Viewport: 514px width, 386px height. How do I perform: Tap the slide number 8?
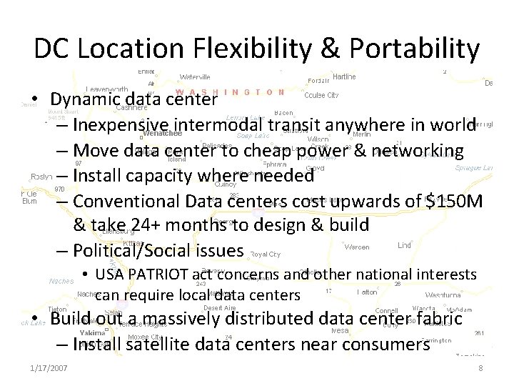(x=481, y=367)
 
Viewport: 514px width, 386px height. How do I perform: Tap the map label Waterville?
(x=195, y=76)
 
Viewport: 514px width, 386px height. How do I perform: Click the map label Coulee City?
(x=321, y=94)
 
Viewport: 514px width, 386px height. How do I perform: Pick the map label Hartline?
(x=345, y=76)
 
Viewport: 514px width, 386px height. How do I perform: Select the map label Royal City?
(x=265, y=254)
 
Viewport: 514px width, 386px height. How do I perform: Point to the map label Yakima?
(x=92, y=333)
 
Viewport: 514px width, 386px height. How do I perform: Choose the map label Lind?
(x=405, y=245)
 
